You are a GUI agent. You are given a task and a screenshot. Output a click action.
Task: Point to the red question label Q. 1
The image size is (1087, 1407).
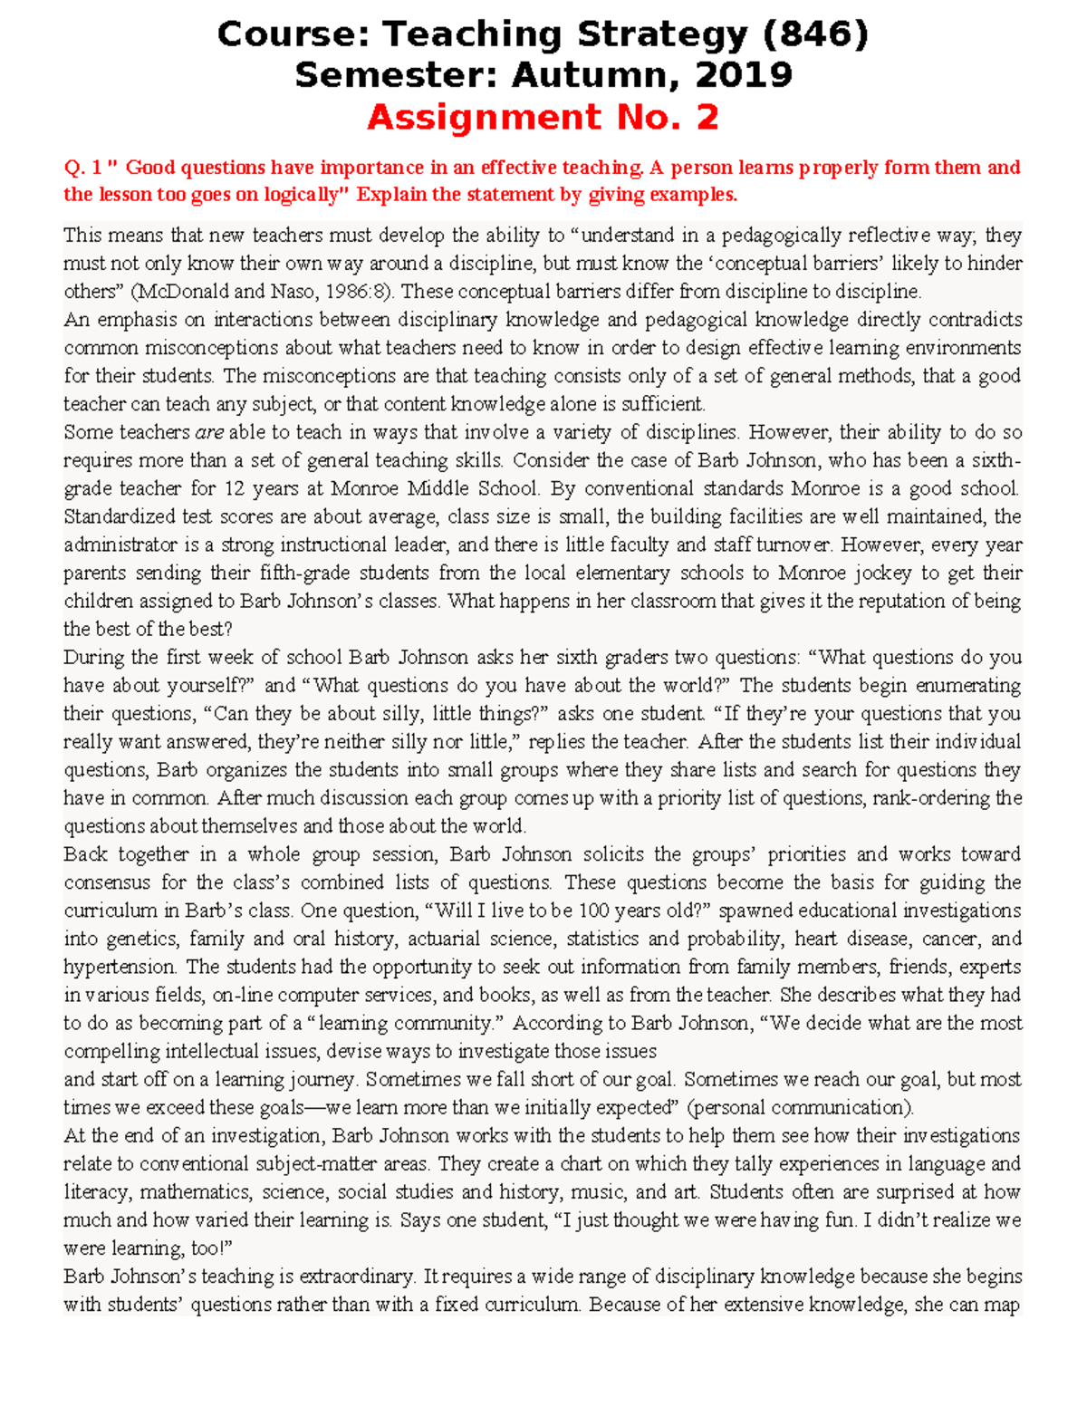click(82, 168)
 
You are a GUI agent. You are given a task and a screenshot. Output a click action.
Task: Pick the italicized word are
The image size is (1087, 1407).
click(209, 432)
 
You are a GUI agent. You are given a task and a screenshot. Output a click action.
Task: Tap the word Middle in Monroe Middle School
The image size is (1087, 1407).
click(438, 488)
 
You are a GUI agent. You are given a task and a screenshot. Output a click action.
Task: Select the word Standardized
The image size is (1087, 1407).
click(119, 516)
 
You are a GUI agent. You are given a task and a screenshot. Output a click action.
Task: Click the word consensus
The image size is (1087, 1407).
click(107, 882)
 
